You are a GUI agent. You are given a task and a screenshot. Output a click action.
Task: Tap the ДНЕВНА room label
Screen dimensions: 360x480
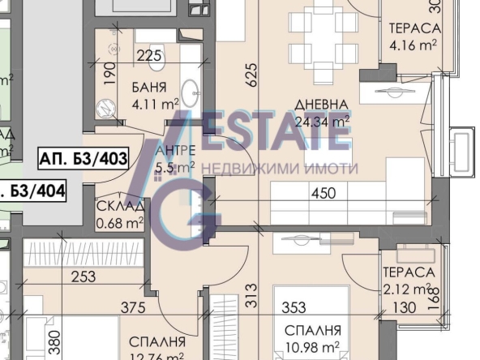coord(321,105)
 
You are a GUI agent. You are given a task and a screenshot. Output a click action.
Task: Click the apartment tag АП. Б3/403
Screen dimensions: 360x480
coord(83,159)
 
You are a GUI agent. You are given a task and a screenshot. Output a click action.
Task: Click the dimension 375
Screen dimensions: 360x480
coord(134,308)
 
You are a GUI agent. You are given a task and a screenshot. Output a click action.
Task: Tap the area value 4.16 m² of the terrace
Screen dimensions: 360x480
coord(413,45)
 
